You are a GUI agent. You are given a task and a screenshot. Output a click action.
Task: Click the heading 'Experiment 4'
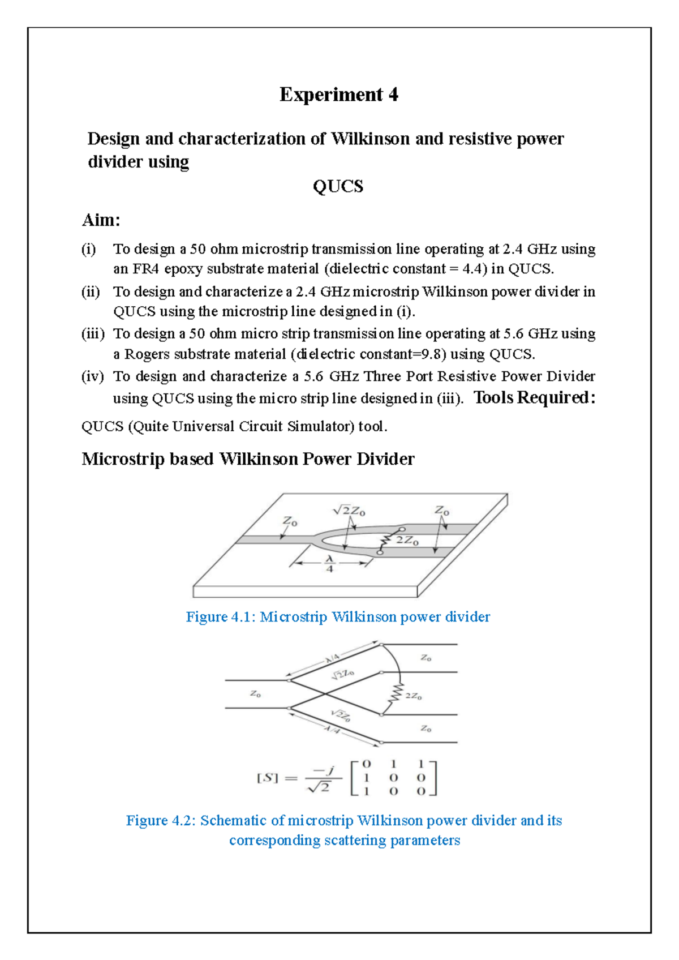point(338,95)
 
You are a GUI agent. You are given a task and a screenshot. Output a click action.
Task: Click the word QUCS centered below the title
point(338,186)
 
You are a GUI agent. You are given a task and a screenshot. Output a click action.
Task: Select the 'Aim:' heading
point(101,220)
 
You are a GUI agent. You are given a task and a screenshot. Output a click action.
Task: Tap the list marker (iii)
point(93,333)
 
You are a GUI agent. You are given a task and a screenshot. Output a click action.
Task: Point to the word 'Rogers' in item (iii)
point(147,354)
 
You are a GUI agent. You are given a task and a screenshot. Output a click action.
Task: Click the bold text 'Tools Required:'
point(534,397)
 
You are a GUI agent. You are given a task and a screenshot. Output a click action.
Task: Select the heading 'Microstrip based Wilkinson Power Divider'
point(248,458)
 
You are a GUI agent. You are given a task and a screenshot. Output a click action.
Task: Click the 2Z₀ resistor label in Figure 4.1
point(407,541)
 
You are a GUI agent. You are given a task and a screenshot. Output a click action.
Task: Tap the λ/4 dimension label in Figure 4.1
point(330,563)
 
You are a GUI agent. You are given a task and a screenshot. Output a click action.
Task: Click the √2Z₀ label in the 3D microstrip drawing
point(349,511)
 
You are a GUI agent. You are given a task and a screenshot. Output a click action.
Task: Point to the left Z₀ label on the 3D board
point(290,521)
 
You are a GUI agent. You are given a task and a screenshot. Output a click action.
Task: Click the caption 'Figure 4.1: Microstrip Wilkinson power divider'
point(338,616)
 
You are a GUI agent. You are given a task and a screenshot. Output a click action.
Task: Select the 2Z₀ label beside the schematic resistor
point(414,696)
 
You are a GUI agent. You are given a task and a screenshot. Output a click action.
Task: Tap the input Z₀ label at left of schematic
point(256,694)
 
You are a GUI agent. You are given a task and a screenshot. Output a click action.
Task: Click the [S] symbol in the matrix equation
point(268,778)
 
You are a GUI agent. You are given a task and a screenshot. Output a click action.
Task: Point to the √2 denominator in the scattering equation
point(319,786)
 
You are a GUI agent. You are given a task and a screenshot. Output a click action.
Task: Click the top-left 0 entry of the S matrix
point(366,764)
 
